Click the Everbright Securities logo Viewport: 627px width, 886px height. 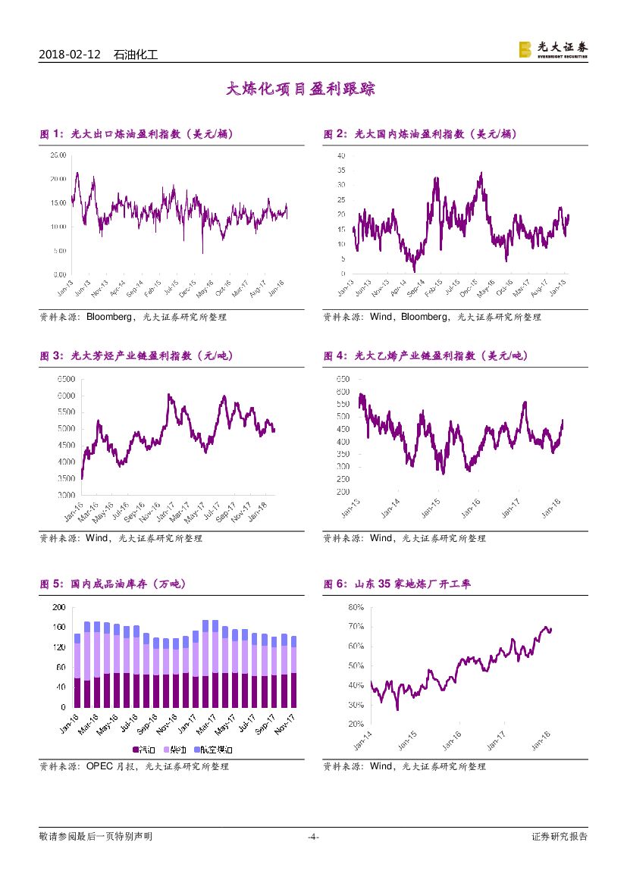pos(553,49)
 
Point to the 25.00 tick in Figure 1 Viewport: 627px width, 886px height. pos(58,155)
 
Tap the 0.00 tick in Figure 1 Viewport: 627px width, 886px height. pos(59,274)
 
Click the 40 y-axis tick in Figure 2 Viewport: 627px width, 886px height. pos(341,155)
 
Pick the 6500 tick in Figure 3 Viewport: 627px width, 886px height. pos(65,379)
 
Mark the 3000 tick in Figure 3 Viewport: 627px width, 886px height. pos(65,494)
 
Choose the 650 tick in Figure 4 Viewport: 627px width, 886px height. pos(342,379)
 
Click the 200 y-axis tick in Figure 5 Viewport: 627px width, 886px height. pos(58,608)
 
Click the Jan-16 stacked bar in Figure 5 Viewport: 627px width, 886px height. pos(77,670)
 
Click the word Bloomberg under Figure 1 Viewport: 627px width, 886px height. pos(111,317)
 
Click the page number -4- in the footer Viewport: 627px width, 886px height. pos(313,837)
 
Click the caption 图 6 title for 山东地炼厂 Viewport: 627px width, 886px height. pos(397,584)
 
